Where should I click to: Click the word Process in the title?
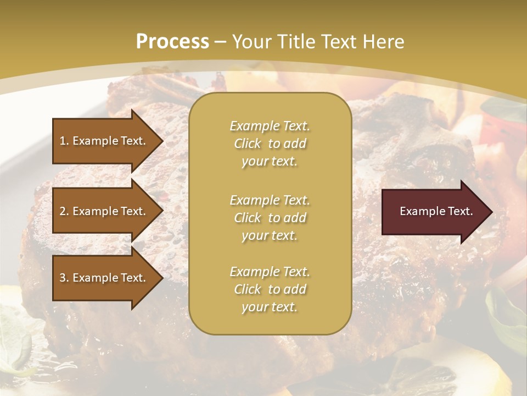pyautogui.click(x=172, y=42)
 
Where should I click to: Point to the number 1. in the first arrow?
pyautogui.click(x=64, y=141)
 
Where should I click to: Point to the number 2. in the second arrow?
pyautogui.click(x=64, y=211)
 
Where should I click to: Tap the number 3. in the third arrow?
pyautogui.click(x=64, y=278)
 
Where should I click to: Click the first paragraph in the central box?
pyautogui.click(x=270, y=144)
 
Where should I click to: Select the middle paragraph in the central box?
pyautogui.click(x=270, y=217)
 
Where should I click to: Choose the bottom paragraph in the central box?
pyautogui.click(x=270, y=289)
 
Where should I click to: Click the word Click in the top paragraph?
pyautogui.click(x=248, y=144)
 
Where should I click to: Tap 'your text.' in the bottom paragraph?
pyautogui.click(x=270, y=307)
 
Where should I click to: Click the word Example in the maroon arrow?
pyautogui.click(x=421, y=211)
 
